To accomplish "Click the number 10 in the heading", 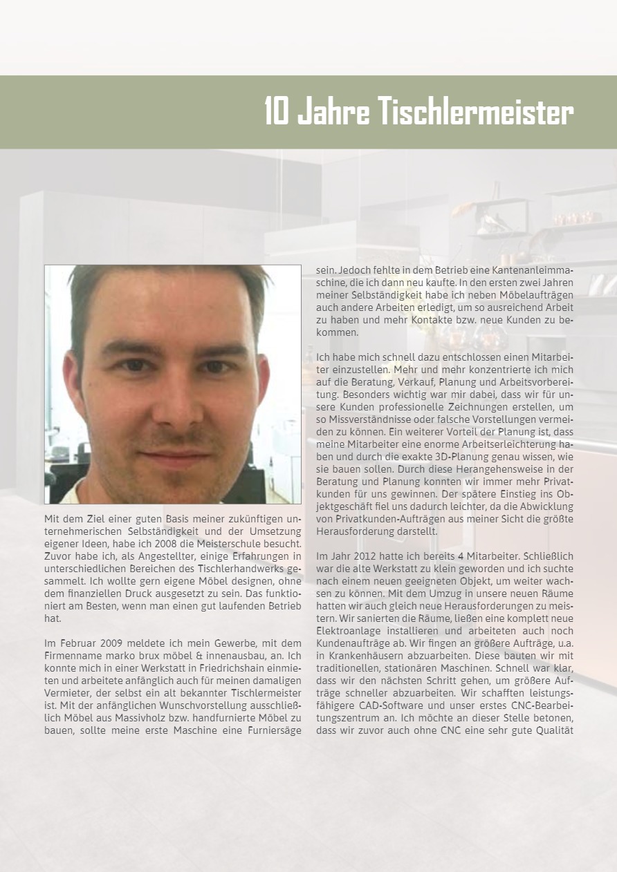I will click(277, 112).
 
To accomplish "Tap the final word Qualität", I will click(552, 730).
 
